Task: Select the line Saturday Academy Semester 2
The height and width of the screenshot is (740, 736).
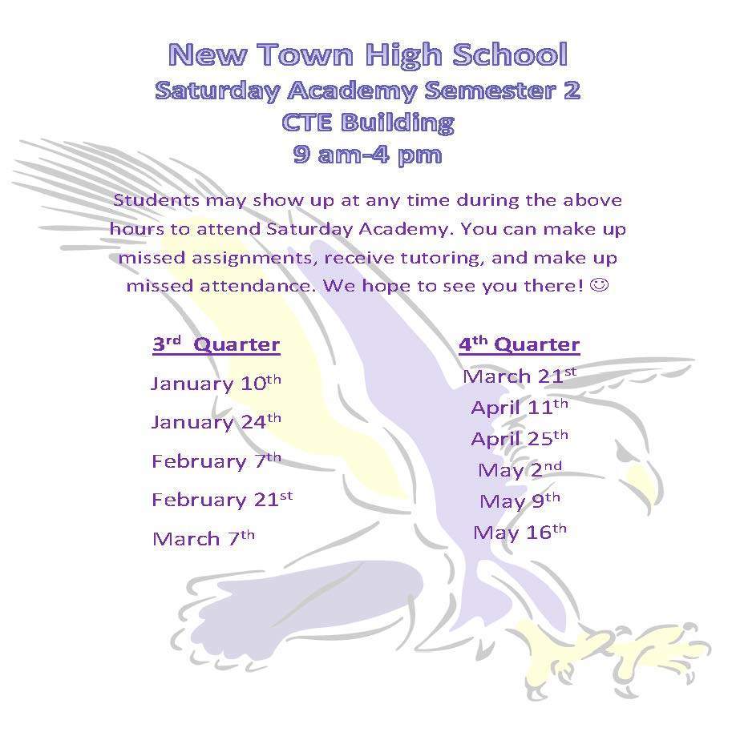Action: point(367,90)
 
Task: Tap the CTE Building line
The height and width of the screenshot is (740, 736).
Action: point(368,123)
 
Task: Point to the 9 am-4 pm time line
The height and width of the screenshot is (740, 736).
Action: point(367,155)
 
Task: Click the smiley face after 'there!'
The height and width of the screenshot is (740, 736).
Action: point(600,285)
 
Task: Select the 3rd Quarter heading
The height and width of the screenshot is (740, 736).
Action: point(216,344)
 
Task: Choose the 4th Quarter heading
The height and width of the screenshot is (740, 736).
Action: point(520,344)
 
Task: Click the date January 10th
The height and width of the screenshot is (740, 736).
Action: point(216,383)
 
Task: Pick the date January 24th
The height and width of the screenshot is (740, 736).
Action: point(216,422)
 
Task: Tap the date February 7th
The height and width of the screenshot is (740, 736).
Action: point(216,460)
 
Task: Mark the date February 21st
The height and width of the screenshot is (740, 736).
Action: point(222,499)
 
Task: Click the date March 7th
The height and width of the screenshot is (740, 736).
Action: point(204,538)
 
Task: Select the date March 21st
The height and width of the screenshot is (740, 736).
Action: point(520,376)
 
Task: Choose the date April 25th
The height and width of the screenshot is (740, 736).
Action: point(520,438)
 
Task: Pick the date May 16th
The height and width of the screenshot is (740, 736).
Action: point(520,533)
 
